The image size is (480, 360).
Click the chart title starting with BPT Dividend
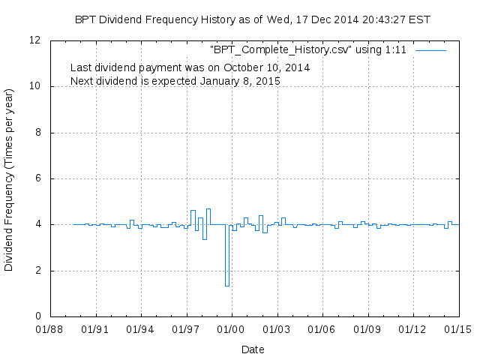click(253, 19)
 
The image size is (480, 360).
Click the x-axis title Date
click(253, 349)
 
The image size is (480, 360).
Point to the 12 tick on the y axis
click(35, 40)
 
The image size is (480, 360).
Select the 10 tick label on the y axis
click(35, 86)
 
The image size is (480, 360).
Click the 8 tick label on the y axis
click(38, 133)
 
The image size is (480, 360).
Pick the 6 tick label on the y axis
click(38, 178)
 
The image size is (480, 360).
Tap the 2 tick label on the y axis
click(38, 271)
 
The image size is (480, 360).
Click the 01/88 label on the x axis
click(49, 328)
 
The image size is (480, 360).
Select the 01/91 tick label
click(95, 328)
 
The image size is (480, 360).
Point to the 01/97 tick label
click(186, 328)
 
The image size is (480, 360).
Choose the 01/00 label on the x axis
click(231, 328)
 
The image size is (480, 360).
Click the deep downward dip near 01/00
click(226, 283)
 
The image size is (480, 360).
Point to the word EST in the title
click(419, 19)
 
